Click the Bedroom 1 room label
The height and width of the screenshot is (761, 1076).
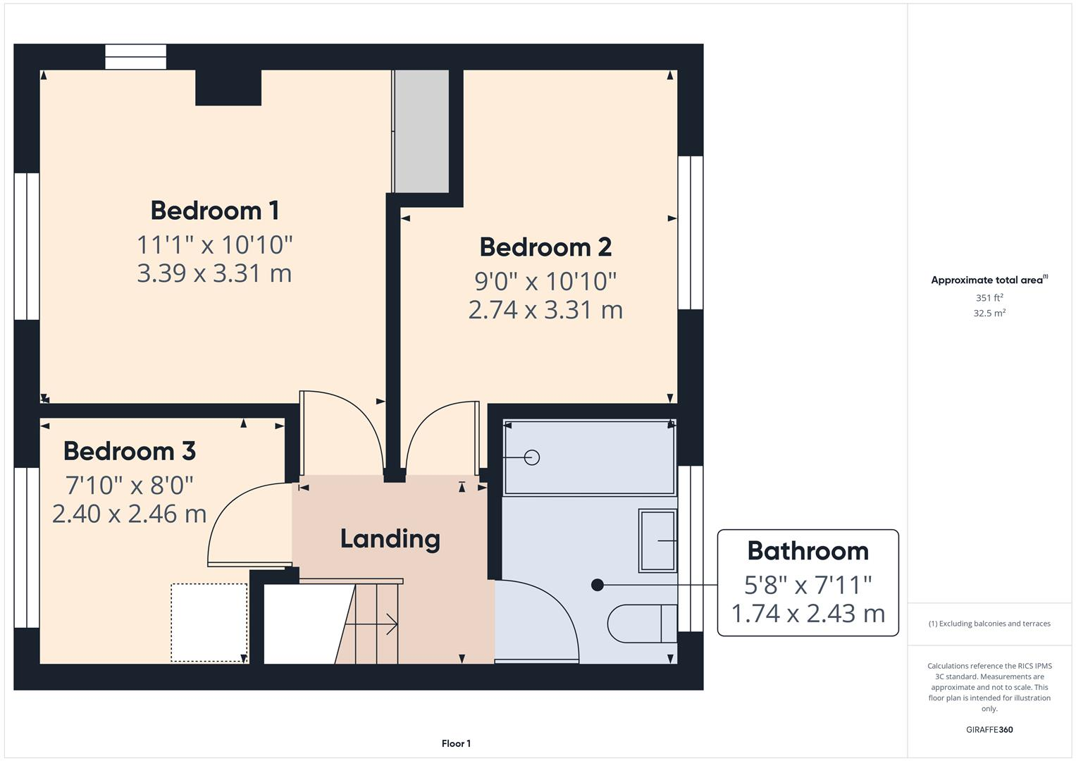point(214,211)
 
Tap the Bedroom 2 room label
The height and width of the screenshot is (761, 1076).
point(545,247)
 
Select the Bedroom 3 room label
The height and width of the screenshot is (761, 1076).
point(129,451)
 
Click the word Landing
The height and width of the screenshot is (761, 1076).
point(390,539)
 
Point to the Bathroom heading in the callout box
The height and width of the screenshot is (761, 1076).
point(808,551)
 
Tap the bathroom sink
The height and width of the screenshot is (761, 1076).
point(657,540)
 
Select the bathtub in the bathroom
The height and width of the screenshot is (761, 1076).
point(589,458)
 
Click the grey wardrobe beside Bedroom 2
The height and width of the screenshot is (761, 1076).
point(421,131)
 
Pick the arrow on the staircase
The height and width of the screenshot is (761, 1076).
point(389,624)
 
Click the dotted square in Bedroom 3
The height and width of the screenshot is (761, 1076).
point(209,622)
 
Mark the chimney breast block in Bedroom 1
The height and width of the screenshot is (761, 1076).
point(228,88)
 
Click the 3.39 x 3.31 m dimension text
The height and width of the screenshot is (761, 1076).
point(214,273)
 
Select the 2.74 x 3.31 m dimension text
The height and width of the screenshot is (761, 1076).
point(545,310)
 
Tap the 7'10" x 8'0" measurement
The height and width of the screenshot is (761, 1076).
point(129,485)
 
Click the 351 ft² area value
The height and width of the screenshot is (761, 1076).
point(989,298)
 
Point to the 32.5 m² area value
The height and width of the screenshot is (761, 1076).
point(989,314)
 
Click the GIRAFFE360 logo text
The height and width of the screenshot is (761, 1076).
point(989,730)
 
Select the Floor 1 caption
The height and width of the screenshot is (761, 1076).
point(456,743)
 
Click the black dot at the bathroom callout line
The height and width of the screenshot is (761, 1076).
point(598,585)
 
